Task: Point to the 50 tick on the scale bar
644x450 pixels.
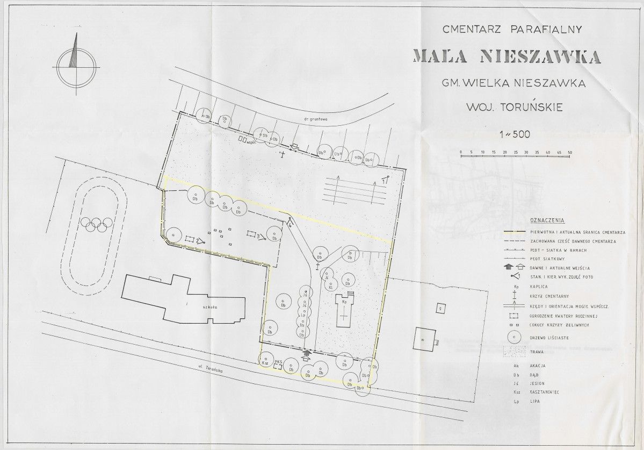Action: click(x=569, y=153)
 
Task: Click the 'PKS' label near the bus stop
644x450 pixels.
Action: click(x=278, y=361)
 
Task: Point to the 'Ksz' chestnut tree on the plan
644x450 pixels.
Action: click(x=265, y=363)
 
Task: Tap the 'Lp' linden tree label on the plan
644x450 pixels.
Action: click(x=304, y=315)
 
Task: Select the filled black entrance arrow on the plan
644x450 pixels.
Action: click(x=307, y=352)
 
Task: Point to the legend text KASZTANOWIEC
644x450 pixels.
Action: click(x=553, y=392)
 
